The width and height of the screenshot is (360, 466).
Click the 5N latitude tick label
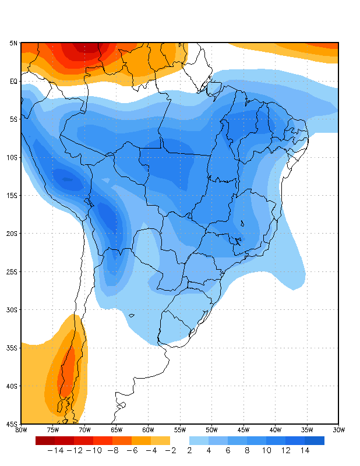point(13,43)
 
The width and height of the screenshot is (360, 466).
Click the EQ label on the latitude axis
point(13,82)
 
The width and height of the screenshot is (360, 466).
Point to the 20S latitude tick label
point(12,234)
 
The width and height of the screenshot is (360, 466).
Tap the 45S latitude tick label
point(12,424)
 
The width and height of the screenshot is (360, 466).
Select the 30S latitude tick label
point(12,310)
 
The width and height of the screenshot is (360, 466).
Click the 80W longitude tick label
point(21,430)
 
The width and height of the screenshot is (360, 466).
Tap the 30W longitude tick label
point(338,430)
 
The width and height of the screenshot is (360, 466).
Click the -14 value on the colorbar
point(55,450)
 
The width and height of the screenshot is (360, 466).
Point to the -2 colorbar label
point(170,450)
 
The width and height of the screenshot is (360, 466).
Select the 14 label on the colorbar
point(305,450)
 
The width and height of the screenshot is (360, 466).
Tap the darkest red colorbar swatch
point(45,440)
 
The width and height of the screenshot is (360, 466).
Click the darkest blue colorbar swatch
point(315,440)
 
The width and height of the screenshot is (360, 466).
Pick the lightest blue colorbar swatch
point(199,440)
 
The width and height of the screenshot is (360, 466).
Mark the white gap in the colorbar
point(180,440)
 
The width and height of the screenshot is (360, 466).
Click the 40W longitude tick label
point(275,430)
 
